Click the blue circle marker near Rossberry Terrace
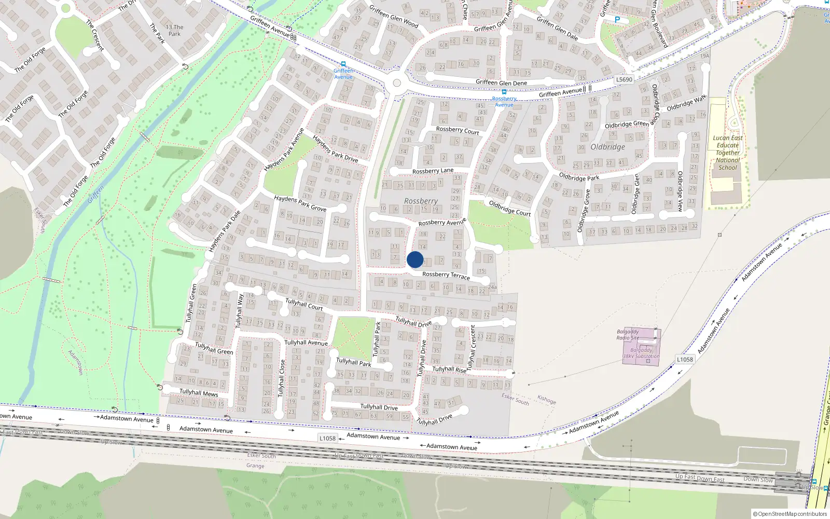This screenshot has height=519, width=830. (415, 259)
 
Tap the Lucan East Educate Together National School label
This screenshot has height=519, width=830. (728, 153)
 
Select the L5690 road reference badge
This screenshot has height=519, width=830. (624, 79)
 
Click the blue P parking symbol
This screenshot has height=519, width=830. (617, 20)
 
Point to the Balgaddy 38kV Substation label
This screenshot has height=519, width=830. (641, 353)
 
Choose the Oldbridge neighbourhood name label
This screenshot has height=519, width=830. (607, 147)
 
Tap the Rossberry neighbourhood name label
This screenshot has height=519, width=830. (421, 201)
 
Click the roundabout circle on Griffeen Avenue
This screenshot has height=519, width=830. (397, 83)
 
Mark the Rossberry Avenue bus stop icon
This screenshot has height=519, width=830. (504, 92)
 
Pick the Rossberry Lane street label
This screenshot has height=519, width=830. (433, 171)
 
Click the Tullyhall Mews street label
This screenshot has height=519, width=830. (199, 393)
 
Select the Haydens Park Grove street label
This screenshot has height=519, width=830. (300, 203)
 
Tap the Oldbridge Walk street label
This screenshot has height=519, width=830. (686, 103)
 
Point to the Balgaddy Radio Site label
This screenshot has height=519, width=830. (628, 335)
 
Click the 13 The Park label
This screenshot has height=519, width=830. (174, 30)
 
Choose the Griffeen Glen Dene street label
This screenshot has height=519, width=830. (501, 83)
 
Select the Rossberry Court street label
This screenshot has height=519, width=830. (458, 130)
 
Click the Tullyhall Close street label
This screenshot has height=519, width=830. (282, 378)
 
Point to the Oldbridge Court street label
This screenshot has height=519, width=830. (509, 208)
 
